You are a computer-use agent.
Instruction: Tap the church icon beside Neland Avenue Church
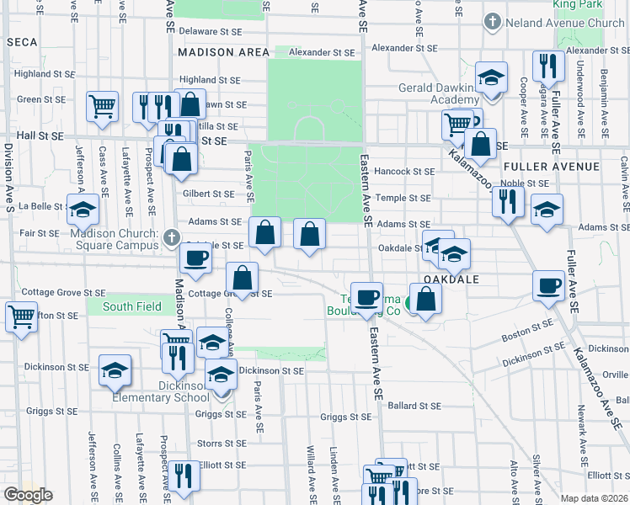[491, 22]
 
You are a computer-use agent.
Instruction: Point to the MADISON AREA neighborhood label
[223, 52]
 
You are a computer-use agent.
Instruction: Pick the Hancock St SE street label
[406, 172]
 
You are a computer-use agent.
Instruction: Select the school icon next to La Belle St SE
[83, 209]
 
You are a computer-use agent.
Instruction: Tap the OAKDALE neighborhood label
[451, 279]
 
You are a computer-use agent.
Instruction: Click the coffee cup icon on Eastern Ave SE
[367, 297]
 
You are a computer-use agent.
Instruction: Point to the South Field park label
[132, 306]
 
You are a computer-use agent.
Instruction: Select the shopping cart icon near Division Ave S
[21, 317]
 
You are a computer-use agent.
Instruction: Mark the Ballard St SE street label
[415, 406]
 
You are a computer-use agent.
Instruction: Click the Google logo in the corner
[28, 495]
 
